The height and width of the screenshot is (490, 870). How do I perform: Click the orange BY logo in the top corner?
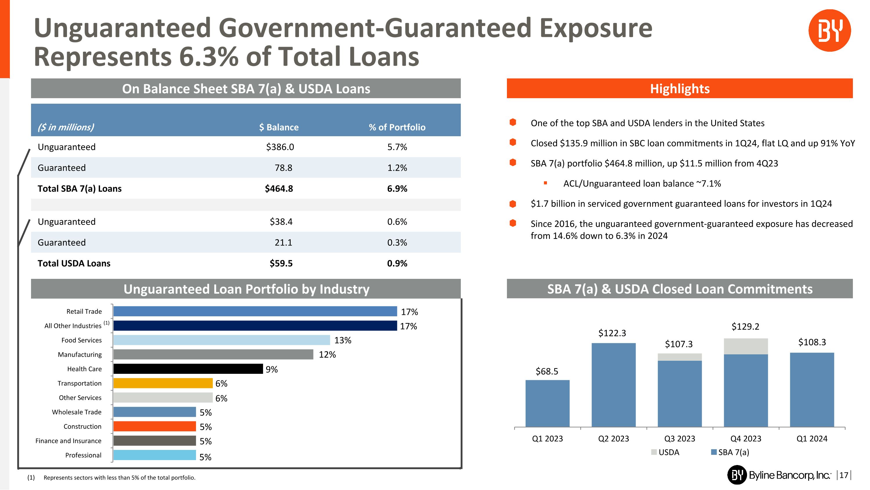(x=829, y=30)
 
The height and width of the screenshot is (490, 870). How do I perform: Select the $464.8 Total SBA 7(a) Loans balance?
(x=279, y=189)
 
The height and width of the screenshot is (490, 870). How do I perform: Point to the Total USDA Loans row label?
(x=74, y=263)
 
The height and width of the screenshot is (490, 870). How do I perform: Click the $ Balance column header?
(x=279, y=128)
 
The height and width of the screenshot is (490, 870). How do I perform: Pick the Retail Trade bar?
(x=255, y=311)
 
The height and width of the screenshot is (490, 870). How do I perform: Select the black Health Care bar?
(x=188, y=369)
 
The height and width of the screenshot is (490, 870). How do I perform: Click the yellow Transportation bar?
(x=163, y=383)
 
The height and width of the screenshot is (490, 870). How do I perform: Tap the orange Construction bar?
(x=154, y=426)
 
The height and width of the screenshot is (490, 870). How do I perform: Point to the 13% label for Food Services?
(x=342, y=340)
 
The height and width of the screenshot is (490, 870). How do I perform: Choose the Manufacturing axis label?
(x=80, y=355)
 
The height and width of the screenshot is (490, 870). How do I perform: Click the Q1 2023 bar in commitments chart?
(x=547, y=403)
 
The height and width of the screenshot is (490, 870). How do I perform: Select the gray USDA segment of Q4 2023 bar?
(x=745, y=346)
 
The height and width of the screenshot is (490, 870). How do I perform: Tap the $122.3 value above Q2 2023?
(x=612, y=333)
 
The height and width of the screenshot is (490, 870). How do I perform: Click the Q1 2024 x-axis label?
(x=812, y=439)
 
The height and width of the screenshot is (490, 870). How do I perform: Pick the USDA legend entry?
(x=665, y=453)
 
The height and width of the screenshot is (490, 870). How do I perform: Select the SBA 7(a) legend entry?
(x=730, y=453)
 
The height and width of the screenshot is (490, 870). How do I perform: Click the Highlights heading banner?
(x=679, y=89)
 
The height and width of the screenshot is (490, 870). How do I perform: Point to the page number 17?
(x=843, y=475)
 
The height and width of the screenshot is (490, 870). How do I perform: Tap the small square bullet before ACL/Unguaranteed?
(x=545, y=183)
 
